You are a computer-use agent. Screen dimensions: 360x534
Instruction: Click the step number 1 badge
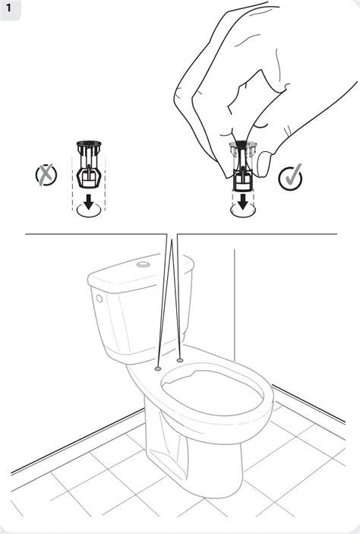(8, 8)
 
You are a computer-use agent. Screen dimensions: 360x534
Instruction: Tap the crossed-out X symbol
(46, 175)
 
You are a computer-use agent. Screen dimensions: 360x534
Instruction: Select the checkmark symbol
(290, 177)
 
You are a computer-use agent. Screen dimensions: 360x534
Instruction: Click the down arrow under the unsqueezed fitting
(89, 201)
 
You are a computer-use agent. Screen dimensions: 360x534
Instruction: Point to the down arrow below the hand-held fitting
(243, 201)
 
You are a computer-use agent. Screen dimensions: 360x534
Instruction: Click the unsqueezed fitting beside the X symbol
(89, 164)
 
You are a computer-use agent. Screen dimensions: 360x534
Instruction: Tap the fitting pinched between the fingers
(243, 165)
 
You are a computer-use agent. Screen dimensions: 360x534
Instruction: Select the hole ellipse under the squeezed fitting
(243, 210)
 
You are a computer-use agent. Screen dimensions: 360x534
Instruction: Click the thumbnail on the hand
(264, 165)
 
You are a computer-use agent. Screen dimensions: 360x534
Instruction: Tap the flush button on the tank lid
(144, 264)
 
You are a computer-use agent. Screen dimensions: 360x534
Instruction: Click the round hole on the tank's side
(99, 299)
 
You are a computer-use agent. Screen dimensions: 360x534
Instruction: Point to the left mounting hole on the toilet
(158, 368)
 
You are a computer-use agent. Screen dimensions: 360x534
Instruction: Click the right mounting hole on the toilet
(180, 359)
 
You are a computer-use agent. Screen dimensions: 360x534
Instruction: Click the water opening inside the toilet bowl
(212, 392)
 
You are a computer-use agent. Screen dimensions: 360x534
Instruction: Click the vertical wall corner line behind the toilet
(235, 305)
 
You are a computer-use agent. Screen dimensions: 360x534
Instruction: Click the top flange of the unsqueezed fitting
(89, 143)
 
